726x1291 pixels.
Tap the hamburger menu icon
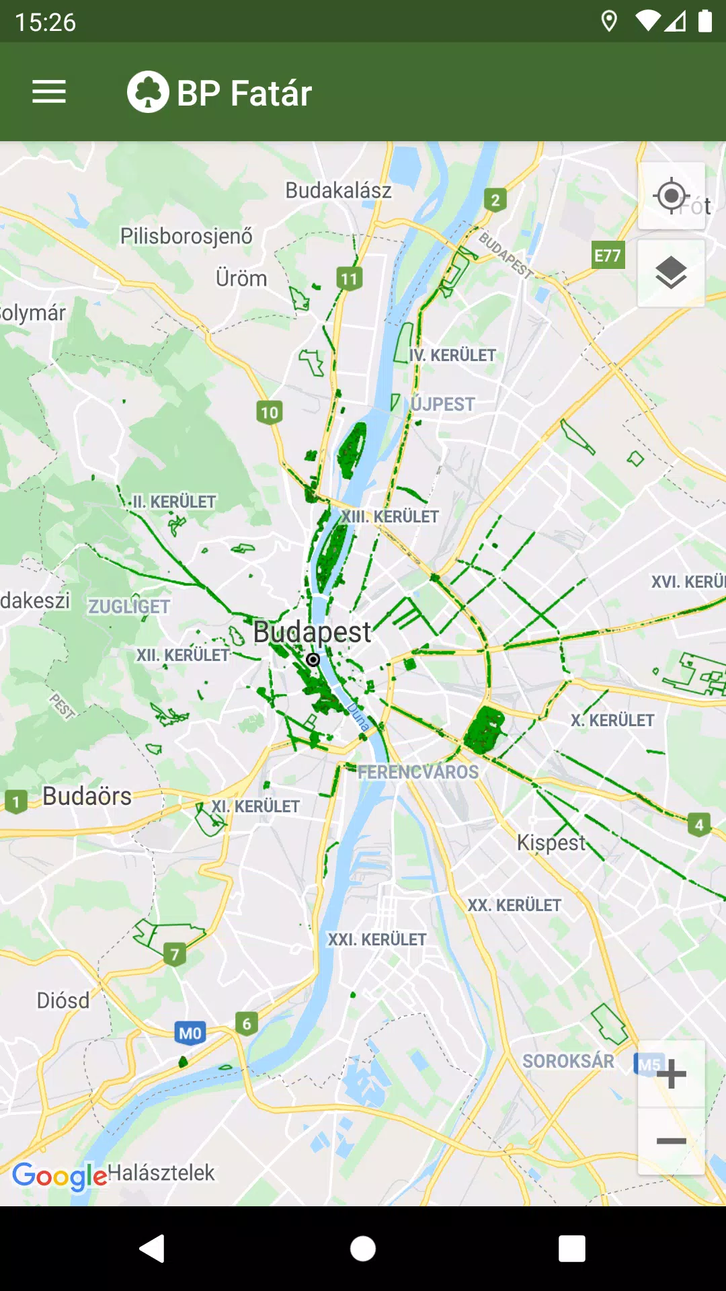(x=49, y=92)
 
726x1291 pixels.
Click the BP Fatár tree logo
(x=148, y=92)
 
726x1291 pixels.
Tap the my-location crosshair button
(x=671, y=196)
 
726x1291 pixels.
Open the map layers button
(x=671, y=273)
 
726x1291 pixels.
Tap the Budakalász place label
(x=338, y=190)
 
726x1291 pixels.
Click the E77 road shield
(x=608, y=256)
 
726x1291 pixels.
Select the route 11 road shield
(x=350, y=278)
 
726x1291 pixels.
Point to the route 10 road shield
(x=270, y=412)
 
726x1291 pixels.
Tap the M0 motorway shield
(x=190, y=1033)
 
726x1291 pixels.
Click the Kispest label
(x=551, y=843)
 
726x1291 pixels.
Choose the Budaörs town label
(x=87, y=796)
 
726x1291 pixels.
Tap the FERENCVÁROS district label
(x=418, y=772)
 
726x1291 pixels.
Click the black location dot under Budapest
(x=313, y=660)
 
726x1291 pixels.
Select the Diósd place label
(x=63, y=1001)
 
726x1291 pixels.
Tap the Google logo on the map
(x=59, y=1175)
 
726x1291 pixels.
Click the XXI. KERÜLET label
(x=376, y=939)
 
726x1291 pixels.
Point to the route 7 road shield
(x=175, y=953)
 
